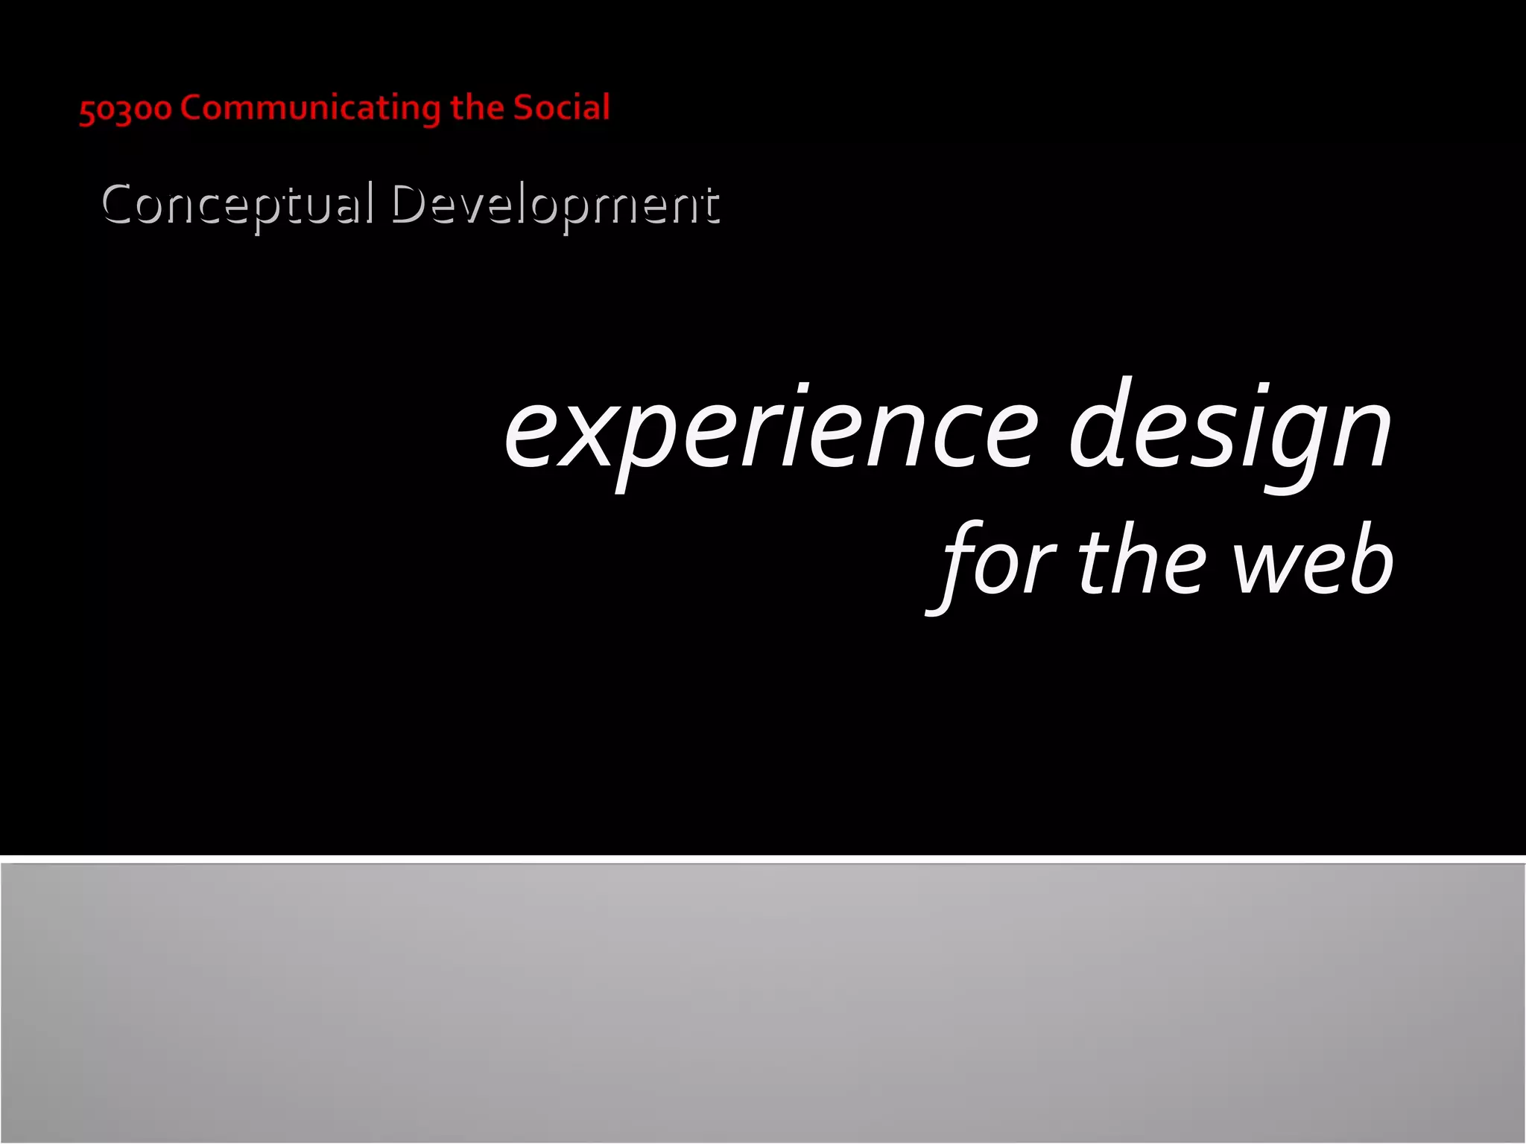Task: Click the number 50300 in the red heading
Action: point(125,109)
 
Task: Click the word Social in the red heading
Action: point(562,108)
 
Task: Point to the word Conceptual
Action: point(237,204)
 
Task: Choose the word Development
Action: point(555,204)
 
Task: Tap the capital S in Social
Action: point(526,108)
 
